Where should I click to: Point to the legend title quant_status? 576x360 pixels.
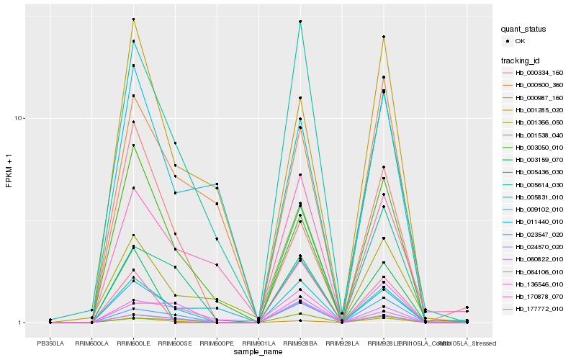(523, 29)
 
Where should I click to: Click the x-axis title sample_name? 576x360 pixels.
(258, 351)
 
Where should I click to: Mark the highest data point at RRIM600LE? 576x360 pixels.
(133, 19)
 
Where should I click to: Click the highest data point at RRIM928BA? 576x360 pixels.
(300, 22)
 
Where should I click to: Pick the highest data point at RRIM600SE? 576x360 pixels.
(175, 143)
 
